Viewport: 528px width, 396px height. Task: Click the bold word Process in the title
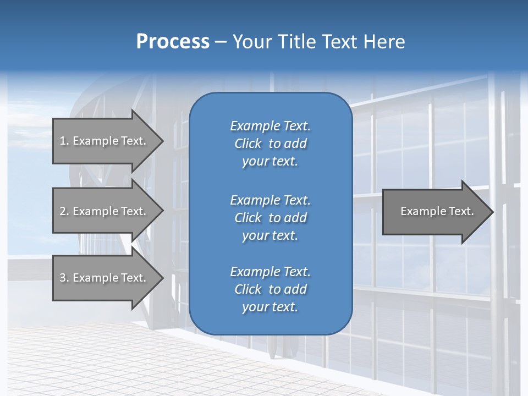tap(173, 42)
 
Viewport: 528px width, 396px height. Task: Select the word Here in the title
tap(384, 42)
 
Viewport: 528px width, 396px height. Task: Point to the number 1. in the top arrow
tap(64, 141)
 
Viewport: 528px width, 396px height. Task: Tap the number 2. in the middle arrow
tap(64, 211)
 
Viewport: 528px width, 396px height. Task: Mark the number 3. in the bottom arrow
tap(64, 278)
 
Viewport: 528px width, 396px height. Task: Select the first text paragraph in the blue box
tap(270, 144)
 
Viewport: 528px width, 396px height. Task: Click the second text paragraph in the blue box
tap(270, 218)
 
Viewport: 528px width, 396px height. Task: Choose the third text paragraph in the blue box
tap(270, 289)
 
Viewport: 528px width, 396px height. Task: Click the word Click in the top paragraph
tap(248, 144)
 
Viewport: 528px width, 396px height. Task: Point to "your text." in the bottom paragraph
tap(270, 307)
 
